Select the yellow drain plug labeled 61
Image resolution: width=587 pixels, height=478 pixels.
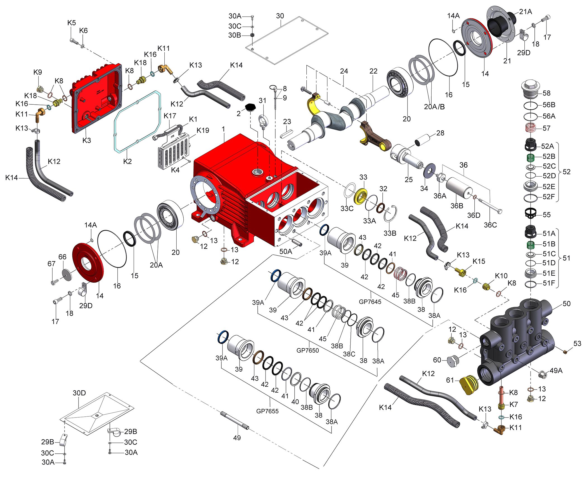point(469,385)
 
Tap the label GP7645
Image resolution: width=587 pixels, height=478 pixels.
point(370,302)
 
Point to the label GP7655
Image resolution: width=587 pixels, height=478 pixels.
point(267,411)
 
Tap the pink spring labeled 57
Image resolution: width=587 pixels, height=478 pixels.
point(531,128)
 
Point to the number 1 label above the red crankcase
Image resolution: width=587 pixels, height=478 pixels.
point(223,129)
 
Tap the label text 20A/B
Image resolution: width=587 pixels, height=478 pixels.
point(434,107)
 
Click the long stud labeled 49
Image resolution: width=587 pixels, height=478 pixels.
point(235,420)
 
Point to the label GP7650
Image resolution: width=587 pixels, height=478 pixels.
point(307,350)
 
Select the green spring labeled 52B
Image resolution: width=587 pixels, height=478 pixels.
point(531,158)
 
